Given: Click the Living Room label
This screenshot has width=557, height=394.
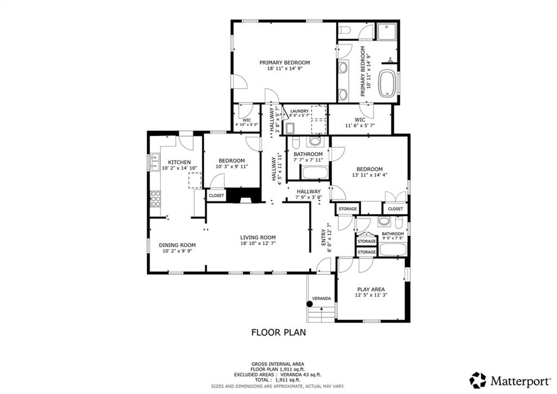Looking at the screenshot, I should pyautogui.click(x=258, y=238).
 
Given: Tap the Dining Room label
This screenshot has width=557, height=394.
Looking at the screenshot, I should pyautogui.click(x=177, y=245).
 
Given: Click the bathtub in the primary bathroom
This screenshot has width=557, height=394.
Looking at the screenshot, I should pyautogui.click(x=387, y=83).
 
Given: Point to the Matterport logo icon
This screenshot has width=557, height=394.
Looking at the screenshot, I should pyautogui.click(x=478, y=380).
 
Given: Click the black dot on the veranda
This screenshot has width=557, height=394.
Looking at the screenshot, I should pyautogui.click(x=310, y=304).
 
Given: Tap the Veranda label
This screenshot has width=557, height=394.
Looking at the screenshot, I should pyautogui.click(x=321, y=299).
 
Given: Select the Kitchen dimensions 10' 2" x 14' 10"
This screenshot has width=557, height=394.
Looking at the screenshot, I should pyautogui.click(x=179, y=168).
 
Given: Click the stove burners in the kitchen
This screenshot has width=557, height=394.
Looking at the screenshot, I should pyautogui.click(x=155, y=198).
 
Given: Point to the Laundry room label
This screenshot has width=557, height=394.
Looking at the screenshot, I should pyautogui.click(x=299, y=111).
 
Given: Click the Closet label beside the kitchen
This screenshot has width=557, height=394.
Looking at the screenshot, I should pyautogui.click(x=216, y=195).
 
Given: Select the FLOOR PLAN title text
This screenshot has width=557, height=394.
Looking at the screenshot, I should pyautogui.click(x=278, y=331).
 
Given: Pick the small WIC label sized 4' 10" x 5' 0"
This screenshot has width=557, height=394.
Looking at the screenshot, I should pyautogui.click(x=246, y=120).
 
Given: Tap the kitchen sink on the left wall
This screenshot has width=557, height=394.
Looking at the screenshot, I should pyautogui.click(x=154, y=162).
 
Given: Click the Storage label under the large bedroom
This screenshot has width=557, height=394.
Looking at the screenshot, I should pyautogui.click(x=348, y=209).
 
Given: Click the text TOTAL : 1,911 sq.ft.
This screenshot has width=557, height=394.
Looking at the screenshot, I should pyautogui.click(x=278, y=380).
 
